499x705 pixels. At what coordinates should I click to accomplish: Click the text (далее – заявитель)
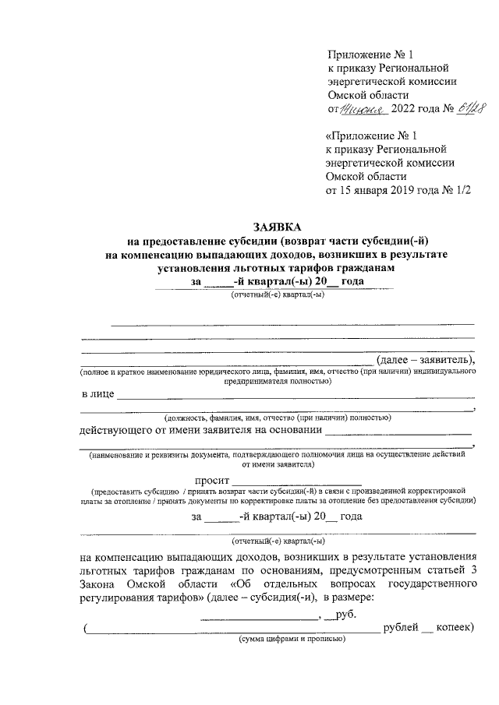point(425,359)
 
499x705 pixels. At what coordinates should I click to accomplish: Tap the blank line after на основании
point(398,433)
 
